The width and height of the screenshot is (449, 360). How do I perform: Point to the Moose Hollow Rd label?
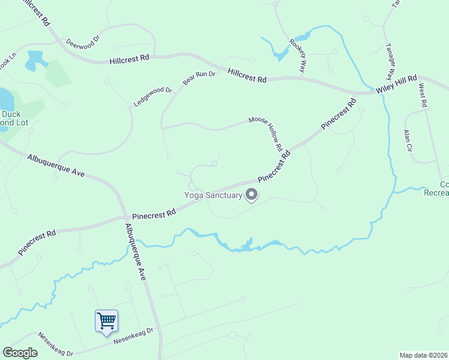(266, 133)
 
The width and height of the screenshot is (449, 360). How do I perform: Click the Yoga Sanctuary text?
(213, 194)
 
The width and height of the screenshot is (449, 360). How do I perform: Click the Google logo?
(20, 353)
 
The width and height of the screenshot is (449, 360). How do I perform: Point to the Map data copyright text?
(423, 355)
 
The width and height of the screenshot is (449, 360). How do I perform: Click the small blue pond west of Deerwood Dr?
(37, 58)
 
